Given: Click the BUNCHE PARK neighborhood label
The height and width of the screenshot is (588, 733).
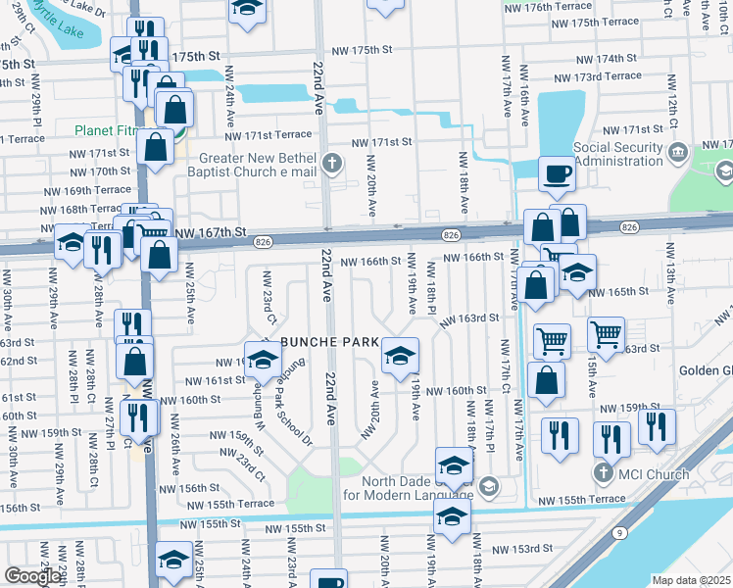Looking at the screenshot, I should point(328,341).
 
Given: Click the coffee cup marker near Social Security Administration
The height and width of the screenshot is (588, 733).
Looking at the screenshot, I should point(557,174).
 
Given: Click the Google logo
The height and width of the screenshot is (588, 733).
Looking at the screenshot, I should point(31,576).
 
